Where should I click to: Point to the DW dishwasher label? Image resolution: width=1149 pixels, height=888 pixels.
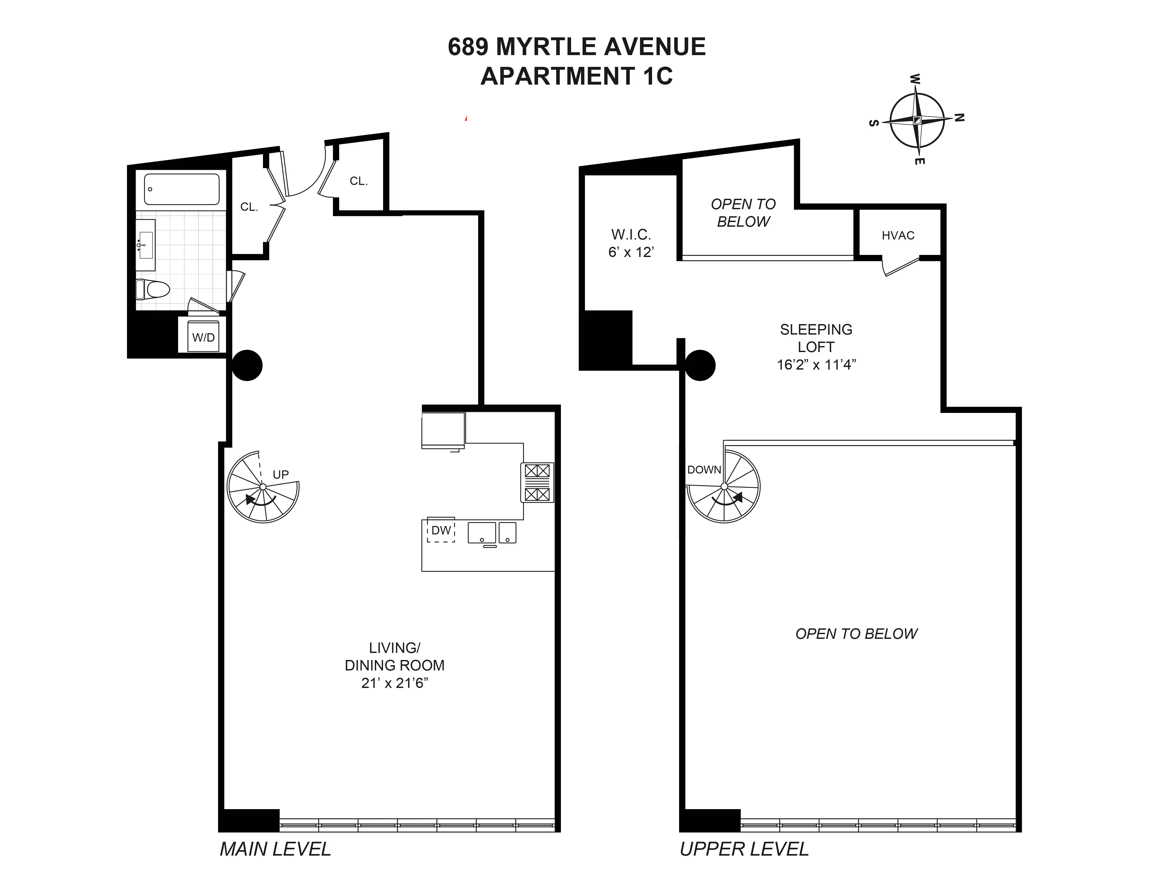tap(441, 530)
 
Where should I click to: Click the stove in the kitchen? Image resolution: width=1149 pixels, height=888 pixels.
tap(537, 482)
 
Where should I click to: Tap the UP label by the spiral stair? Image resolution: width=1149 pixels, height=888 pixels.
tap(280, 475)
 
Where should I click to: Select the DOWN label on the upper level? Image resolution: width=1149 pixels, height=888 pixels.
tap(704, 470)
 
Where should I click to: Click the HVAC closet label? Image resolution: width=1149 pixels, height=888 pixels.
tap(898, 236)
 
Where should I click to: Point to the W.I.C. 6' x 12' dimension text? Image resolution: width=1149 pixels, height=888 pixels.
tap(631, 253)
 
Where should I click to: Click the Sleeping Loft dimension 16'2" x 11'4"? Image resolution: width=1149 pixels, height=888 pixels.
tap(816, 365)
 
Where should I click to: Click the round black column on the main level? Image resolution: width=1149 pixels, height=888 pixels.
tap(247, 365)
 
